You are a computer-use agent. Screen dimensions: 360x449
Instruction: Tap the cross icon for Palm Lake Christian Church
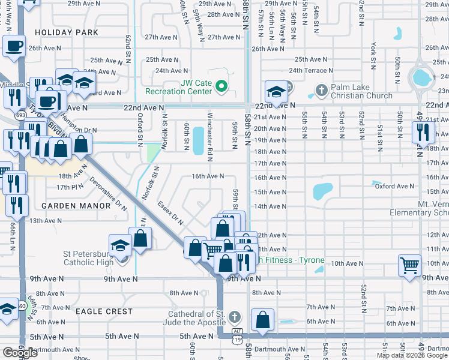pyautogui.click(x=321, y=91)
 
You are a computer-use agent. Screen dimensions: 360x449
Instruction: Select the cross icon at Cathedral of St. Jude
pyautogui.click(x=235, y=316)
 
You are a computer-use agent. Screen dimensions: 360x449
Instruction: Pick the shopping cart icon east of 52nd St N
pyautogui.click(x=409, y=264)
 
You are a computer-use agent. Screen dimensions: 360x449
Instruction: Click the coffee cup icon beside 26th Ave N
pyautogui.click(x=14, y=46)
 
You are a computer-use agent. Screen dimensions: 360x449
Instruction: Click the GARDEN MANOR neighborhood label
pyautogui.click(x=76, y=206)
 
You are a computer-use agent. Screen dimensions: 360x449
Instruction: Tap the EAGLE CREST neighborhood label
pyautogui.click(x=104, y=311)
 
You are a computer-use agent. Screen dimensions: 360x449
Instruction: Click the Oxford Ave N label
pyautogui.click(x=394, y=187)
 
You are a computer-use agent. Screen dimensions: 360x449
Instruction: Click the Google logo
pyautogui.click(x=20, y=353)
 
